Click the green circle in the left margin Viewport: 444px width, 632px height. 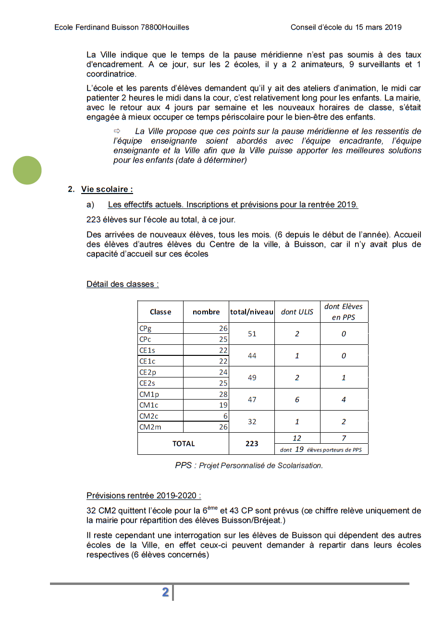point(27,170)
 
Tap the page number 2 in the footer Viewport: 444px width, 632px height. point(165,592)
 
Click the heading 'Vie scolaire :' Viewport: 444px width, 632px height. point(107,189)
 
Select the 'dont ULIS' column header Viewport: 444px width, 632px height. point(297,312)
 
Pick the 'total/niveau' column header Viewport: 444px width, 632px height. point(252,312)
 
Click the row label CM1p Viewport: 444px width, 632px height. point(148,394)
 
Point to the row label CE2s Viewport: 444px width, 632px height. point(147,383)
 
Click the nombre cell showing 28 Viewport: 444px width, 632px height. point(223,394)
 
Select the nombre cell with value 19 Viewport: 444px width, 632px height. point(223,405)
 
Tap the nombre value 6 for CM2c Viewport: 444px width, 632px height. point(225,416)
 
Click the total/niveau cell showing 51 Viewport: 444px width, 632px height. point(252,334)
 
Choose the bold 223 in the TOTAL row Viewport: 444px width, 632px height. point(252,444)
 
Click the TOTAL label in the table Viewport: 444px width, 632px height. point(184,444)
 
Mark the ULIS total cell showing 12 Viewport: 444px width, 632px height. point(297,438)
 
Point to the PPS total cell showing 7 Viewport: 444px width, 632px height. point(344,438)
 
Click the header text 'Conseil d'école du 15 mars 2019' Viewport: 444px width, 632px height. point(345,27)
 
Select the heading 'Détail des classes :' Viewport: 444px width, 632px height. point(123,284)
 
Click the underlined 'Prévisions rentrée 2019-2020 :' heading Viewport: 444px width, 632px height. point(144,496)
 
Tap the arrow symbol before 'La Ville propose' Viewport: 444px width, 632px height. point(116,131)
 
